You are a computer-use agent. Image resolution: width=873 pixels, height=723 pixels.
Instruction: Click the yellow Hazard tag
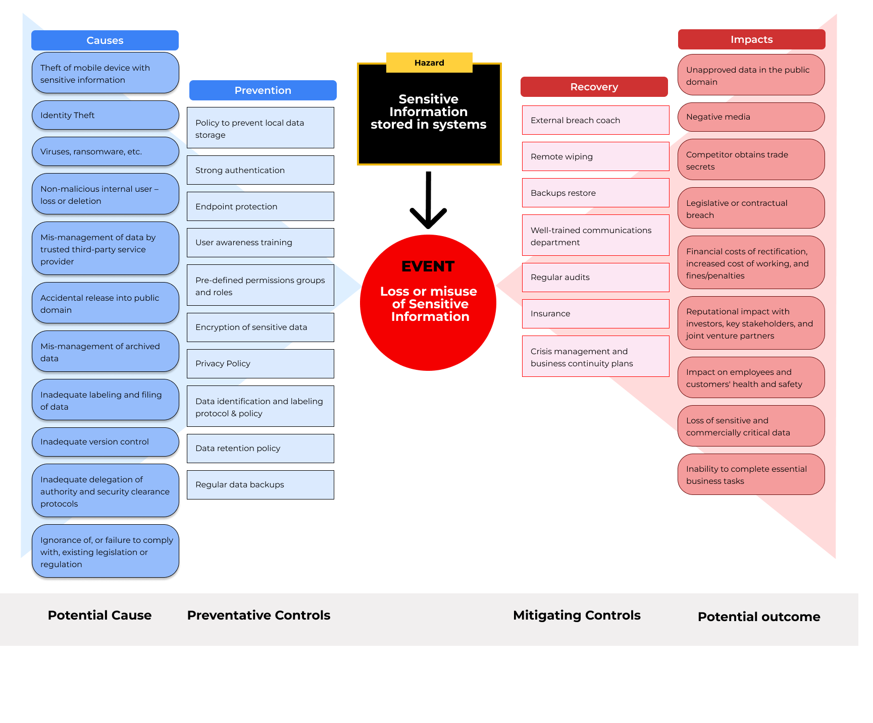click(x=429, y=63)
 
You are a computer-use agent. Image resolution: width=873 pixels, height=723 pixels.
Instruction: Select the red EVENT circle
click(x=428, y=303)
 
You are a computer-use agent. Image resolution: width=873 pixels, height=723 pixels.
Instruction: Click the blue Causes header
click(x=105, y=40)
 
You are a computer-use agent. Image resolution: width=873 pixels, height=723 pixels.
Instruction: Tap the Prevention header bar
click(x=263, y=90)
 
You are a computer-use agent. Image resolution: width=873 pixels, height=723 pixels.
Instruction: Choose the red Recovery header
click(x=594, y=87)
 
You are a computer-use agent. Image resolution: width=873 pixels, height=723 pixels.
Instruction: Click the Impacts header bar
click(x=751, y=39)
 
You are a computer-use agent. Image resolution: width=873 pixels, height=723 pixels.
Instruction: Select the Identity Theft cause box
click(x=105, y=115)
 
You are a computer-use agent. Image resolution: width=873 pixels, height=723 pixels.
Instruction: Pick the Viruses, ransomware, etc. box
click(x=105, y=151)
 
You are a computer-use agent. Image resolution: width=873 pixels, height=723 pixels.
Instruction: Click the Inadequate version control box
click(x=105, y=441)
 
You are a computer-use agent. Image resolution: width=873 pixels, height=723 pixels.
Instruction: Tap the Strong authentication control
click(x=261, y=170)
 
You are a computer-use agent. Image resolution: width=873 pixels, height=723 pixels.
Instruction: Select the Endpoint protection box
click(x=261, y=206)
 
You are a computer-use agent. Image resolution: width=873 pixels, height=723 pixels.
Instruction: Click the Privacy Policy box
click(x=261, y=363)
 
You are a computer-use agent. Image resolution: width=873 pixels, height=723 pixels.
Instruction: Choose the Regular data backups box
click(x=261, y=484)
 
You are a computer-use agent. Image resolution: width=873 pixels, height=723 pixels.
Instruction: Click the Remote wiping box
click(x=595, y=156)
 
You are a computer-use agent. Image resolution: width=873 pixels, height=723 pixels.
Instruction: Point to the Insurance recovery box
click(x=595, y=313)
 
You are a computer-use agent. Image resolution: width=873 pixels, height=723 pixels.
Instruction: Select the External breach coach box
click(x=595, y=120)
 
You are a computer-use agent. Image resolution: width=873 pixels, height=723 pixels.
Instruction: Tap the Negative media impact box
click(x=751, y=117)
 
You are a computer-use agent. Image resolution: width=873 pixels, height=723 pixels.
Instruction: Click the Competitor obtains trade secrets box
click(x=751, y=160)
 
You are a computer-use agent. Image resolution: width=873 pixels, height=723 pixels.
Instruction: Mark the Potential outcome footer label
click(x=758, y=617)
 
